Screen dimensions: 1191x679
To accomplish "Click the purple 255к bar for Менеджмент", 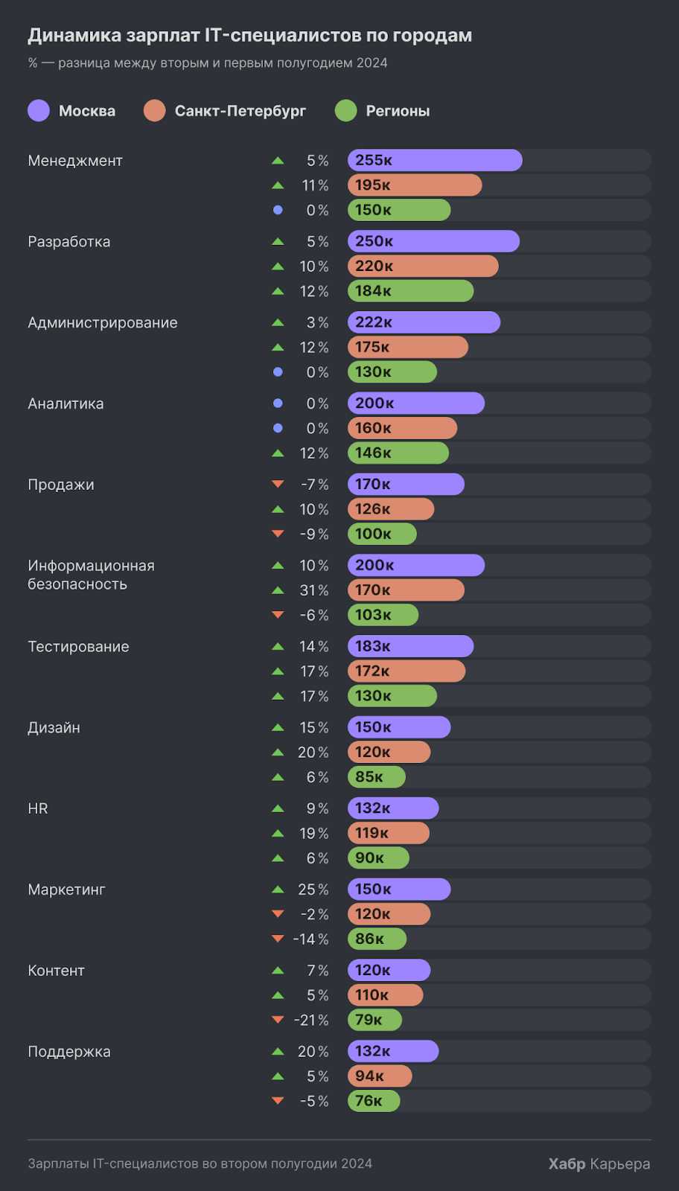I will point(435,160).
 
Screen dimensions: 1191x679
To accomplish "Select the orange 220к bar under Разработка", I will point(423,266).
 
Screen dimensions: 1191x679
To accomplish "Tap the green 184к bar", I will point(410,291).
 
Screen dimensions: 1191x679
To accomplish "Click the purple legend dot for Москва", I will point(39,111).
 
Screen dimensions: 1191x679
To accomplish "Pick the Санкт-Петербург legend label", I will point(240,111).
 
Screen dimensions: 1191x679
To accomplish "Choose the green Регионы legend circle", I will point(346,111).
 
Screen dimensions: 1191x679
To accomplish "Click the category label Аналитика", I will point(66,403).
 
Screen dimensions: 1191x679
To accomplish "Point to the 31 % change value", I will point(314,590).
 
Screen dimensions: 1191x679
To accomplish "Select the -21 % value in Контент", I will point(311,1020).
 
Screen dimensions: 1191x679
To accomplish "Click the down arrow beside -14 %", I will point(278,939).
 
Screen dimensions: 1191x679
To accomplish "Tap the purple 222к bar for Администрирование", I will point(424,322).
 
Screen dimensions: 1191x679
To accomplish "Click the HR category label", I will point(38,808).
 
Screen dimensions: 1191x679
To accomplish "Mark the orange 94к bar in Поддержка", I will point(380,1076).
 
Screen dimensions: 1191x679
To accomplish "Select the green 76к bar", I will point(374,1101).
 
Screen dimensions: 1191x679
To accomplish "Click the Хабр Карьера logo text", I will point(599,1163).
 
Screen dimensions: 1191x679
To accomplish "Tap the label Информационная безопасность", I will point(91,575).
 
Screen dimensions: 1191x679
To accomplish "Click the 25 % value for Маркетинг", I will point(313,890).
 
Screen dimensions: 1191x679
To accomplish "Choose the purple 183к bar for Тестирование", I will point(410,646).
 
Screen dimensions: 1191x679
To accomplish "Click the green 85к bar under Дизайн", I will point(377,777).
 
